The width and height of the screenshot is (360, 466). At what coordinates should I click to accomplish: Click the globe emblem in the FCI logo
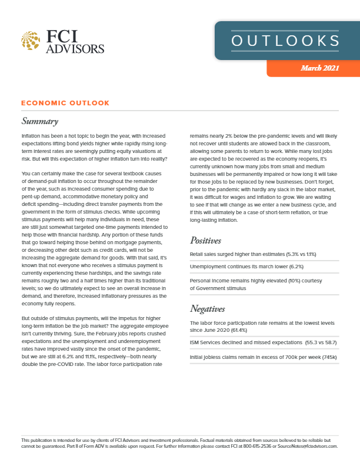31,41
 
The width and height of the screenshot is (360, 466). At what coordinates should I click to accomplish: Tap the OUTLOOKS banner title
285,41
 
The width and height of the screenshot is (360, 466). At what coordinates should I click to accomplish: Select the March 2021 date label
320,69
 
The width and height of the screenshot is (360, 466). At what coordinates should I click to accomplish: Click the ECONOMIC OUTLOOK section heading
65,103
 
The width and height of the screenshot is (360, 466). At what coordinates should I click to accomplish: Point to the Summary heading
39,122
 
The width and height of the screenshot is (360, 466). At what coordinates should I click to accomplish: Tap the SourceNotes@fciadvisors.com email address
308,446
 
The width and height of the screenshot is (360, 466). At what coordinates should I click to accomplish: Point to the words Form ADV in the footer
81,446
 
